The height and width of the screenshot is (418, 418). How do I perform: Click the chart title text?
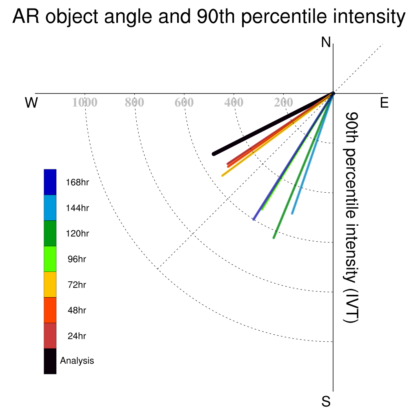[x=209, y=17]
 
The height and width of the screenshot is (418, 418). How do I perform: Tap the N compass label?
[x=326, y=42]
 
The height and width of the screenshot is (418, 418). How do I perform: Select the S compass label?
[x=326, y=401]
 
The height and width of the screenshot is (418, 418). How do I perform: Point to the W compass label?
[x=31, y=102]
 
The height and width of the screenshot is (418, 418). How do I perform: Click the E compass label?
[x=384, y=102]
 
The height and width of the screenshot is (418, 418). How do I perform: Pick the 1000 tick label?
[x=85, y=102]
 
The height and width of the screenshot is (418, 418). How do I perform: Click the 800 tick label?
[x=134, y=102]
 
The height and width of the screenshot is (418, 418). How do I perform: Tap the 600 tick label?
[x=184, y=102]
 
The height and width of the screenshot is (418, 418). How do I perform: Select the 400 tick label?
[x=233, y=102]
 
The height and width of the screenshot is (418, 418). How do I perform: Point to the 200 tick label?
[x=283, y=102]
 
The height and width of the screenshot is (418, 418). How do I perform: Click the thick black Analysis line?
[x=273, y=124]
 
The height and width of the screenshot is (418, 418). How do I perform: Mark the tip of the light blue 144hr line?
[x=292, y=213]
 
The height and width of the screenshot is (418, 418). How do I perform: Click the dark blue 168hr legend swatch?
[x=50, y=182]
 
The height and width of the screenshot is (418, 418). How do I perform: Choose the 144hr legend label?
[x=77, y=208]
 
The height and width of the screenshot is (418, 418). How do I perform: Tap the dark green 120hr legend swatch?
[x=50, y=233]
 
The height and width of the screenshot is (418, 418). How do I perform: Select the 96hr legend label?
[x=77, y=259]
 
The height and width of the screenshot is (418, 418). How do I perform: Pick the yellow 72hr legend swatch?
[x=50, y=285]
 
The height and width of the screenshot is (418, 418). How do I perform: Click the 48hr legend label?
[x=77, y=310]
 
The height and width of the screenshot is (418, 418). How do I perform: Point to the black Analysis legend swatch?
[x=50, y=361]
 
